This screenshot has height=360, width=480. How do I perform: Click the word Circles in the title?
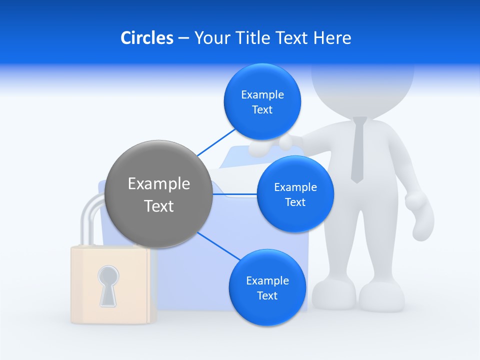click(x=146, y=38)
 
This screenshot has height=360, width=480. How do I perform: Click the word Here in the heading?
click(x=332, y=38)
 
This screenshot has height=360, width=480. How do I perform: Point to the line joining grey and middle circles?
click(x=235, y=194)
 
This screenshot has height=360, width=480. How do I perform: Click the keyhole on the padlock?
click(x=108, y=284)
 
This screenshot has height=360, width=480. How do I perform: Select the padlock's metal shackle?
click(x=90, y=220)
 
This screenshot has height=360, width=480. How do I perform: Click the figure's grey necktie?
click(x=358, y=150)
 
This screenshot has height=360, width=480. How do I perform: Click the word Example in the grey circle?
click(x=159, y=184)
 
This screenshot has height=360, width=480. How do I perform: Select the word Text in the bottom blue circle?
click(x=267, y=295)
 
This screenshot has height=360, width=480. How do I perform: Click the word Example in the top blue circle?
click(x=262, y=95)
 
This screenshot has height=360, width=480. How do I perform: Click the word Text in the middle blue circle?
click(x=295, y=202)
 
